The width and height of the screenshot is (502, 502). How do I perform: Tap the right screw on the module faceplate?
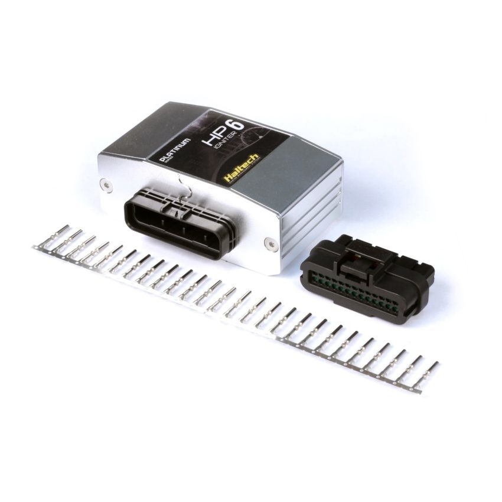pyautogui.click(x=269, y=241)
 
